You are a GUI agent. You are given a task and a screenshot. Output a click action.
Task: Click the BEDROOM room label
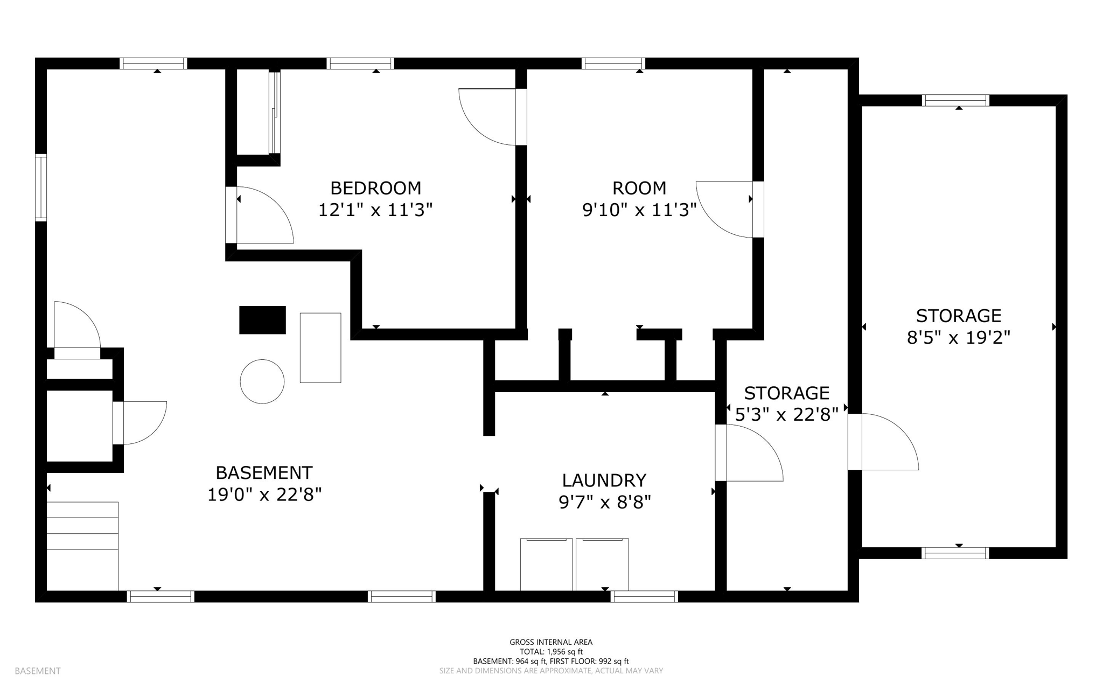pos(375,188)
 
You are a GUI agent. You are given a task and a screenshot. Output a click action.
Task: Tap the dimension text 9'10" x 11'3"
pos(639,210)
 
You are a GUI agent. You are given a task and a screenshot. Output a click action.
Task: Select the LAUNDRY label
pos(604,480)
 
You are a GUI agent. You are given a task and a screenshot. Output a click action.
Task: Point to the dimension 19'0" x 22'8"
pos(264,495)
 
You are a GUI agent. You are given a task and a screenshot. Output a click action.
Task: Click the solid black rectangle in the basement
pos(262,320)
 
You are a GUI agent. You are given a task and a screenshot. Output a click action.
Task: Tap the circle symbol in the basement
pos(262,381)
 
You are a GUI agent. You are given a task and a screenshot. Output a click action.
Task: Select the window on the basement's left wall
pos(41,187)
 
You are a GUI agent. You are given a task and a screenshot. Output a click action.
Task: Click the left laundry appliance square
pos(546,564)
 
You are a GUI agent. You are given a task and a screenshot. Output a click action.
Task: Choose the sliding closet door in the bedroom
pos(275,113)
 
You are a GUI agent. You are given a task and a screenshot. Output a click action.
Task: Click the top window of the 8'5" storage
pos(955,100)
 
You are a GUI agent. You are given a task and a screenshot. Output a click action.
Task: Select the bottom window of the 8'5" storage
pos(955,553)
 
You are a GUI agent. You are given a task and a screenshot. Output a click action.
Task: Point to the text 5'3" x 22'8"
pos(786,415)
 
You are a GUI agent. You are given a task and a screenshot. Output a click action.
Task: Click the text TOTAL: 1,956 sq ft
pos(550,652)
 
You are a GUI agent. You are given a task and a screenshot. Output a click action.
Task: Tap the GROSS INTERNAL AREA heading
pos(550,642)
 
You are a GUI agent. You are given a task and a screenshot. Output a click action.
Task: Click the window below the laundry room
pos(644,596)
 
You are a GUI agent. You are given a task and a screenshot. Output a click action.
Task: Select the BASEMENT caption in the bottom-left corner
pos(38,671)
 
